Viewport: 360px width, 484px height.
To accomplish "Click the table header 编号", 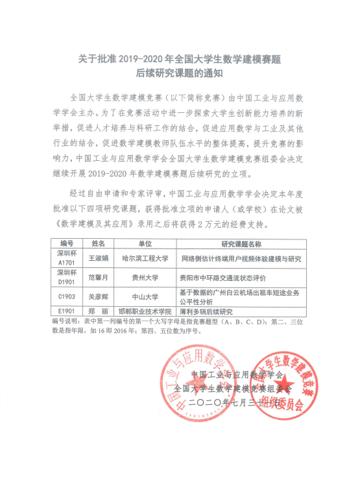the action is coord(66,244).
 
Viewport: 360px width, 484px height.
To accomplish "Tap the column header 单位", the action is coord(145,244).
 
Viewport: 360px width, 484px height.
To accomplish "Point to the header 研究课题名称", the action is coord(241,244).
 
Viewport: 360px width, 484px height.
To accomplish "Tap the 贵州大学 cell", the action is coord(146,276).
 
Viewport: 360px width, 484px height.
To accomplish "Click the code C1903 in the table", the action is coord(66,293).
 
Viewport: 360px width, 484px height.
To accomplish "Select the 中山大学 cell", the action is coord(146,293).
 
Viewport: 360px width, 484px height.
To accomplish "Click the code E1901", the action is coord(66,310).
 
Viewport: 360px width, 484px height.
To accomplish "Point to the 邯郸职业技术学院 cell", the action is coord(146,310).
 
